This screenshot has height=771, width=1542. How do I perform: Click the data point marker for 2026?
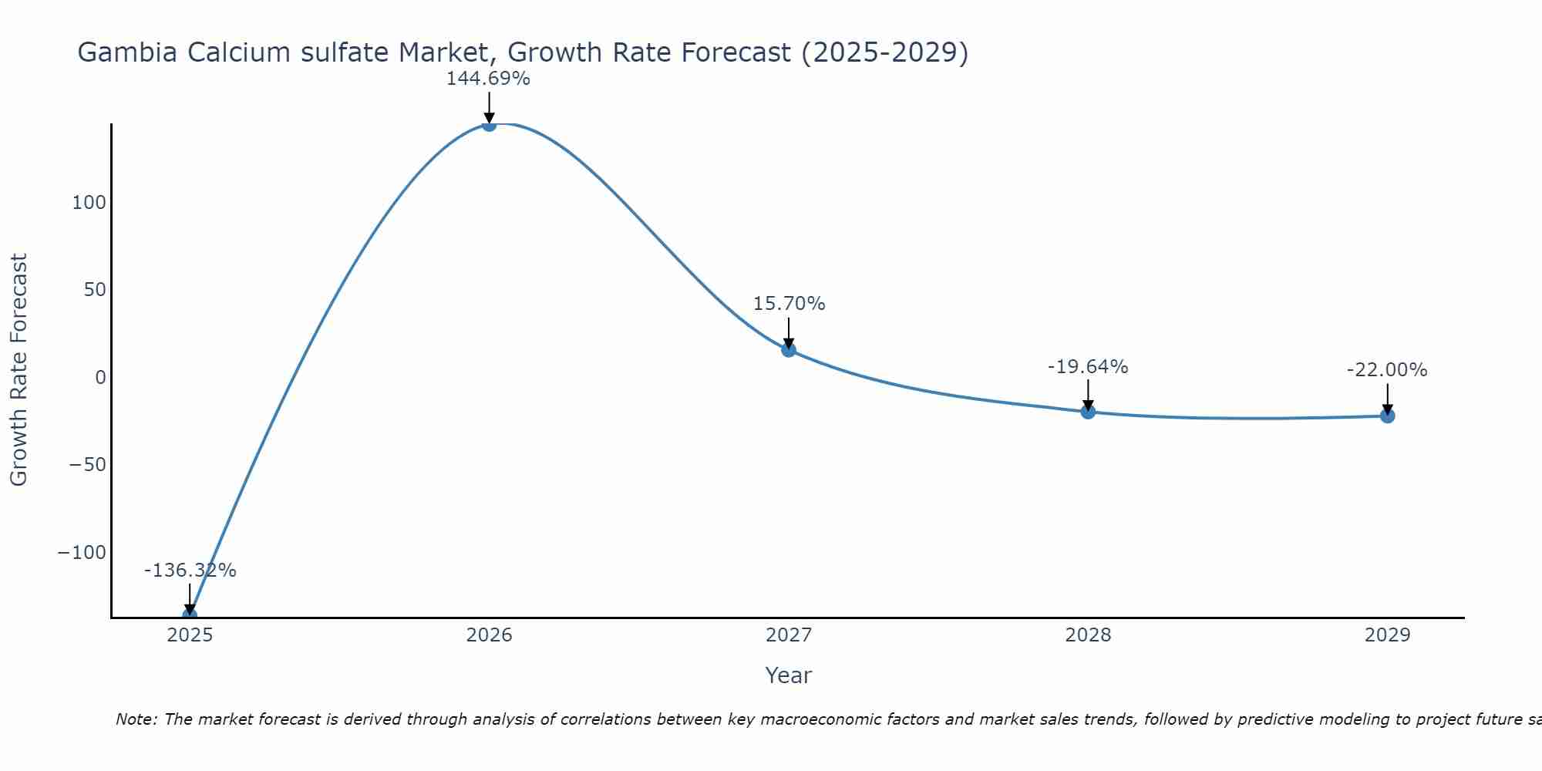tap(489, 124)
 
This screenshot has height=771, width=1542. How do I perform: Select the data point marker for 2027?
tap(788, 350)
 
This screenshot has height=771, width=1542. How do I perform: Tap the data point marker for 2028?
tap(1088, 412)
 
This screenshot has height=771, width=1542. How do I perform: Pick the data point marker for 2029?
tap(1387, 416)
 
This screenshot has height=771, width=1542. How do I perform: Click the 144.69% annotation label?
tap(488, 79)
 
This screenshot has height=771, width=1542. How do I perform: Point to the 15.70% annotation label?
tap(789, 304)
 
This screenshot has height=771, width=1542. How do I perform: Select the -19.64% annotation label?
tap(1088, 367)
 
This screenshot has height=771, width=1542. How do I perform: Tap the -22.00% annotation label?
tap(1387, 370)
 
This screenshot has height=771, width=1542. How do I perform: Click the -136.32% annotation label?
tap(190, 571)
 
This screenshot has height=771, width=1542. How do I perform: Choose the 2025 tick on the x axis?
tap(190, 635)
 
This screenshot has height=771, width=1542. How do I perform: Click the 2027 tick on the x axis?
tap(788, 635)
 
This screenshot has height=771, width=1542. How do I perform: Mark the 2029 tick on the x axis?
tap(1387, 635)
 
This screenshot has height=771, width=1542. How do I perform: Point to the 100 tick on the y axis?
tap(89, 203)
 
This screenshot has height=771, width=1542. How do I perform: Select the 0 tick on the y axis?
tap(100, 378)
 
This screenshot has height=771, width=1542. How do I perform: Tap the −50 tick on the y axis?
tap(87, 465)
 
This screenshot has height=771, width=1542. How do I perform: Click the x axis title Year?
tap(788, 675)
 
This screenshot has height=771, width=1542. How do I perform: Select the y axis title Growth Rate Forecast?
tap(19, 369)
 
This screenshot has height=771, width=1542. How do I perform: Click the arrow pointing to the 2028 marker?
tap(1088, 395)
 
